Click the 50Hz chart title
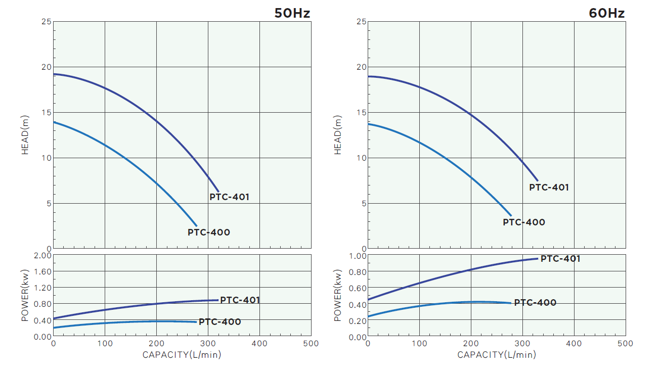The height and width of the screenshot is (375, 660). click(292, 13)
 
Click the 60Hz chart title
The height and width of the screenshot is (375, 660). click(606, 13)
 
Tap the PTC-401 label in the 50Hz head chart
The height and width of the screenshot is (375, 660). click(229, 197)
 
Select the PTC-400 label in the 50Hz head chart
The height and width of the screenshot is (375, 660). click(208, 232)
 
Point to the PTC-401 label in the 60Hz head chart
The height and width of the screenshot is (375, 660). click(549, 187)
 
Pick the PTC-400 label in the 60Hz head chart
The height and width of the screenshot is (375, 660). click(523, 222)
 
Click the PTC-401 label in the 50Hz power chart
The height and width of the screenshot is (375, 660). click(240, 300)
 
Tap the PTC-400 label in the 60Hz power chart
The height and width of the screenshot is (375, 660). click(535, 303)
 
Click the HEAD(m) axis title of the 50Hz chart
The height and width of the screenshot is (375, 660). click(25, 135)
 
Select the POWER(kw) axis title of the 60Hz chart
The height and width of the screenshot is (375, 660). click(338, 296)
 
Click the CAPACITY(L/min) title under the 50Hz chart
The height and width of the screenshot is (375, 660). click(182, 355)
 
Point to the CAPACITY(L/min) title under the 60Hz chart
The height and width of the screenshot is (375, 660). click(496, 355)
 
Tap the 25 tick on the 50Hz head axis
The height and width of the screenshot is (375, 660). click(46, 22)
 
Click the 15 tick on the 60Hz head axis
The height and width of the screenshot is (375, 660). click(361, 113)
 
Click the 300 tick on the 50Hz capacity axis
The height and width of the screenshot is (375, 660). click(208, 344)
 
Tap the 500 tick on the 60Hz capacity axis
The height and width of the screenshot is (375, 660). click(626, 344)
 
